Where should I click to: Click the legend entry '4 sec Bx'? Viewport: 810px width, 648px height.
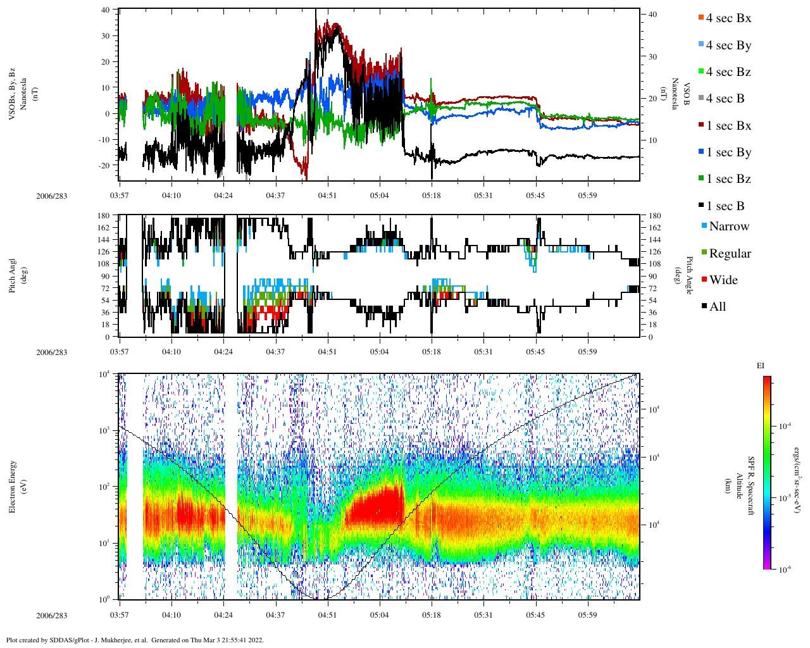[728, 18]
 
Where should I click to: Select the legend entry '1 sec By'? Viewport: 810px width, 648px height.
[728, 153]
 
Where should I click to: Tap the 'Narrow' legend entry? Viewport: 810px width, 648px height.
[728, 227]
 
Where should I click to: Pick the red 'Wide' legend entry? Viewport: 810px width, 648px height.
[723, 280]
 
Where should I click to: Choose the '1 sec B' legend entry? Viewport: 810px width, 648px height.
[725, 206]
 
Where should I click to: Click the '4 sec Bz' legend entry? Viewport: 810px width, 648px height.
[728, 72]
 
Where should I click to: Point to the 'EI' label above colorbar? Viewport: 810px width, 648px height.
[761, 366]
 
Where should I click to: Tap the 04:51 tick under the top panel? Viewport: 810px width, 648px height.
[327, 196]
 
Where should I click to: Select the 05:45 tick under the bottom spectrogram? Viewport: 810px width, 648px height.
[535, 615]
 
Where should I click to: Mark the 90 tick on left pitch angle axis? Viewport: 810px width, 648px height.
[106, 276]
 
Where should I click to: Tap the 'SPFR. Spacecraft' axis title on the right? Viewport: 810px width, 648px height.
[751, 486]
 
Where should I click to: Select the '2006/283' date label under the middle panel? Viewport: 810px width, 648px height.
[51, 352]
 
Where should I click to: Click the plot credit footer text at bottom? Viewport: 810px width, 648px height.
[135, 640]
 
